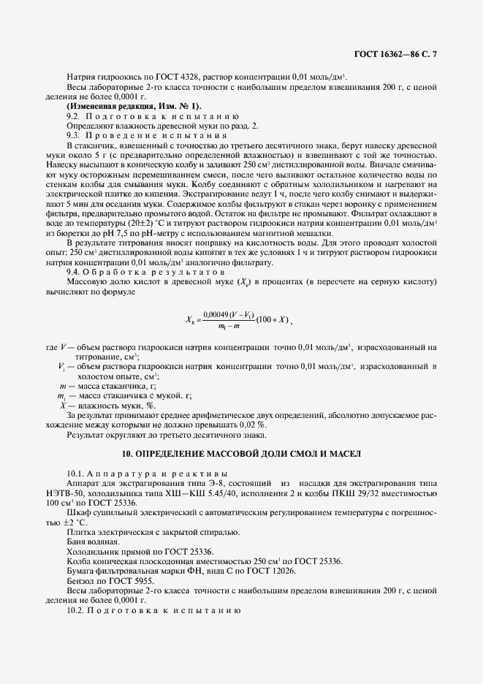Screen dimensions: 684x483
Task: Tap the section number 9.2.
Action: [73, 116]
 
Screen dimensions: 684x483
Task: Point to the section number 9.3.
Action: [73, 135]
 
